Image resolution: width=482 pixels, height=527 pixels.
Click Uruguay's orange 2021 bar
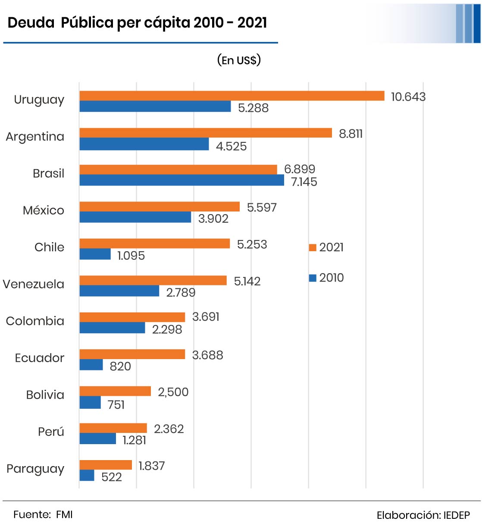[232, 96]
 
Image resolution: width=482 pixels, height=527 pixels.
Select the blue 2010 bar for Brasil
[182, 180]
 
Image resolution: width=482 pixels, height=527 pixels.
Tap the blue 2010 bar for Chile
[95, 254]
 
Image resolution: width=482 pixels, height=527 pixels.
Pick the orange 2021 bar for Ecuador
[132, 354]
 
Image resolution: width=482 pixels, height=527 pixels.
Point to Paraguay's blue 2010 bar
[87, 475]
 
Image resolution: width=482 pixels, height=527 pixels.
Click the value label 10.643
[408, 97]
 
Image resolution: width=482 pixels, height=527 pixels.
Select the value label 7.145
[304, 182]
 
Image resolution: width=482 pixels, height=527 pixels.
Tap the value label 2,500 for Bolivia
[173, 392]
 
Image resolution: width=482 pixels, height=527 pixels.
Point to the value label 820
[120, 366]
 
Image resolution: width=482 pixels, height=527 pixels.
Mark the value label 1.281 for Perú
[134, 440]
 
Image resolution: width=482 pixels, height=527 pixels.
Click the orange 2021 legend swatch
[313, 247]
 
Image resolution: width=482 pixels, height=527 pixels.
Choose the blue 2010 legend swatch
[313, 278]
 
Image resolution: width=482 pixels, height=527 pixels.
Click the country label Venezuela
[34, 284]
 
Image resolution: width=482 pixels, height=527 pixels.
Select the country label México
[43, 210]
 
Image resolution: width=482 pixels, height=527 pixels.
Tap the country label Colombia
[35, 321]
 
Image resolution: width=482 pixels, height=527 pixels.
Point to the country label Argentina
[35, 137]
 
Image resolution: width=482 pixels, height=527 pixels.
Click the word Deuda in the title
[31, 22]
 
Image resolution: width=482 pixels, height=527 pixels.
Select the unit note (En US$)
[239, 60]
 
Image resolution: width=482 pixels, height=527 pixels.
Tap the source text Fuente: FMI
[43, 514]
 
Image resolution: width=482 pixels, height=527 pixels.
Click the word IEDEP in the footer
[457, 515]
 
